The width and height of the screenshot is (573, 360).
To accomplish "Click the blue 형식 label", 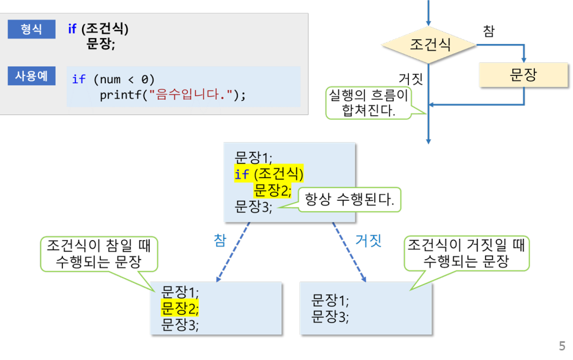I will point(31,29).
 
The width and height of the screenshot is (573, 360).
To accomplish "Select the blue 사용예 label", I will point(31,77).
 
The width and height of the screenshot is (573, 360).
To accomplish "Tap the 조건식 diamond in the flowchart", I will point(429,45).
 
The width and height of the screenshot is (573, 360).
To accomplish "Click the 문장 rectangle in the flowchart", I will point(523,75).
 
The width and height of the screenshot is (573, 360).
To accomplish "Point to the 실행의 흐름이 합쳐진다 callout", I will point(369,102).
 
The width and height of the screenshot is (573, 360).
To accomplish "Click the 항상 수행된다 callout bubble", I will point(350,200).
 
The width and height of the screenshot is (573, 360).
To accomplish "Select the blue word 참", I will point(220,240).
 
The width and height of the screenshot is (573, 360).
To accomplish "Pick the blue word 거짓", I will point(369,240).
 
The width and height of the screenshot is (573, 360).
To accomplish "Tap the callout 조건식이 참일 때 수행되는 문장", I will point(99,254).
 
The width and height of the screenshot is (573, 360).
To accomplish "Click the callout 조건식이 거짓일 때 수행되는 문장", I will point(466,253).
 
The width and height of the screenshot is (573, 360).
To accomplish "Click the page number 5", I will point(562,346).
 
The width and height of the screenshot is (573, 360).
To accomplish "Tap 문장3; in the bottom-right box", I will point(330,317).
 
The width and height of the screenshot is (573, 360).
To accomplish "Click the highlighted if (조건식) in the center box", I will point(269,174).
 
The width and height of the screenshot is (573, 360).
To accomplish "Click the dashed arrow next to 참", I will point(233,252).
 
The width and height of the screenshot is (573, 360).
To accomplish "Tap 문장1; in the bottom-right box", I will point(330,300).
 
